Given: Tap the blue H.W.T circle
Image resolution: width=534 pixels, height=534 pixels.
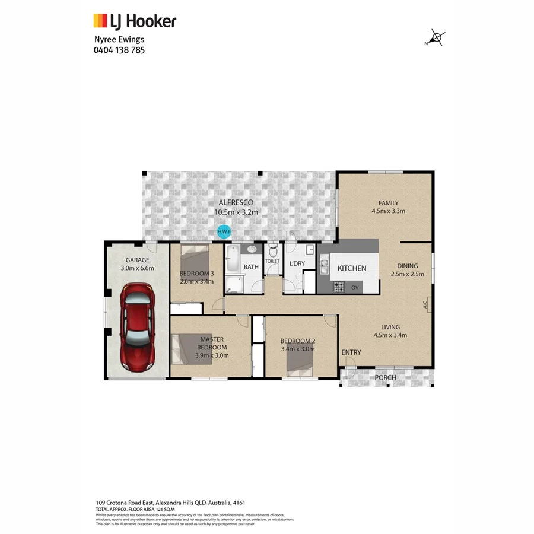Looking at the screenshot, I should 224,231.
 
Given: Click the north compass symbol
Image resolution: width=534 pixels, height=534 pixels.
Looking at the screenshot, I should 436,39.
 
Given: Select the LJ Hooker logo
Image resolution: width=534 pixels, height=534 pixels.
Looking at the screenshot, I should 135,22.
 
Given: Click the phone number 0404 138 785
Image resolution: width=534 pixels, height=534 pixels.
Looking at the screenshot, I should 119,50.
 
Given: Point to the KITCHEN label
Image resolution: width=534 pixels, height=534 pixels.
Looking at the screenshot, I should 352,268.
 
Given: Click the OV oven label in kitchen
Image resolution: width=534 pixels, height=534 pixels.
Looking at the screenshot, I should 355,287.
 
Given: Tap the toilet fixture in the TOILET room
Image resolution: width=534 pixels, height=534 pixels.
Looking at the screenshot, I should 272,250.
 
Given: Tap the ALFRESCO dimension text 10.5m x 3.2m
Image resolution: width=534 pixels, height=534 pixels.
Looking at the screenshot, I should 236,212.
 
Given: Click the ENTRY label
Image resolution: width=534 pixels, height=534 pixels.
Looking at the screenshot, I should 351,352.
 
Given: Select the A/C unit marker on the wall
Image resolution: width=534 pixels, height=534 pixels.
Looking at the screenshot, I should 425,306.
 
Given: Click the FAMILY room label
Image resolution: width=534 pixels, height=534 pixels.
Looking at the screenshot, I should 389,202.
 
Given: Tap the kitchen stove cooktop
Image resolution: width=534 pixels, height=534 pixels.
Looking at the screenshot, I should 339,287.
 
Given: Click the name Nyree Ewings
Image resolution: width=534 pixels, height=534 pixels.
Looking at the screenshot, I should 119,40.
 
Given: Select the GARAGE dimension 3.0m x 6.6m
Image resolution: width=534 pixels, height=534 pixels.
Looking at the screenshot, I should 137,268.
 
